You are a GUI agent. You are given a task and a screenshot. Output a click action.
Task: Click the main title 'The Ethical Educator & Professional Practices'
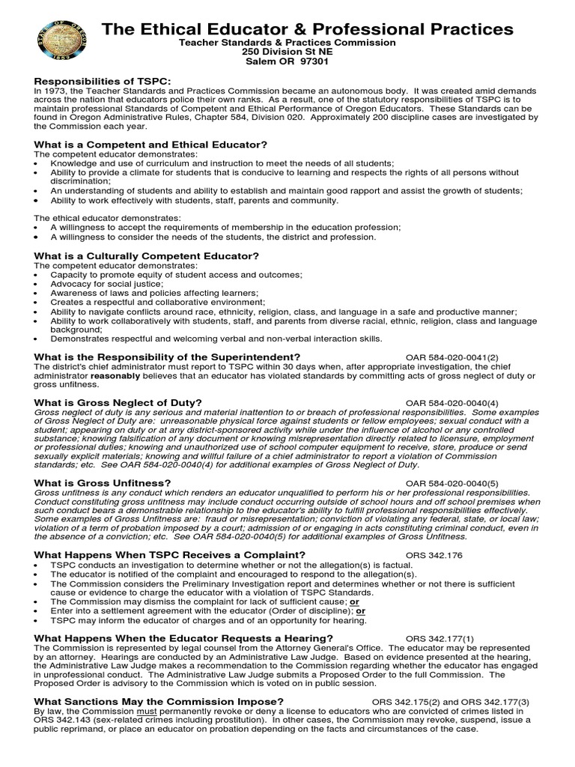tap(308, 29)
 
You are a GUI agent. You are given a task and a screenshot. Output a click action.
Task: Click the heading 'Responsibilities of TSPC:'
tap(102, 80)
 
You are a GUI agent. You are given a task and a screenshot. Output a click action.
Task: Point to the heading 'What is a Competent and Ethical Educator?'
tap(150, 144)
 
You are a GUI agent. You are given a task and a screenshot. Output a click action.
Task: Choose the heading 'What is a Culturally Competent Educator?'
tap(147, 255)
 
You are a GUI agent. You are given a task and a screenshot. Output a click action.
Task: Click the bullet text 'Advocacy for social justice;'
tap(106, 284)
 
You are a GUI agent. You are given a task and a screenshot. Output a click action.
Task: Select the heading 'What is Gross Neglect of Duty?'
tap(118, 402)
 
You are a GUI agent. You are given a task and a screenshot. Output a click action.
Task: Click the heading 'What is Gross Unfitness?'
tap(103, 483)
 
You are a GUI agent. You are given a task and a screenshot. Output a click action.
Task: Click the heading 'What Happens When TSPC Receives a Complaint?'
tap(170, 554)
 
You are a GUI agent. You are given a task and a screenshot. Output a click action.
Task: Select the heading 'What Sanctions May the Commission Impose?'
tap(159, 701)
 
